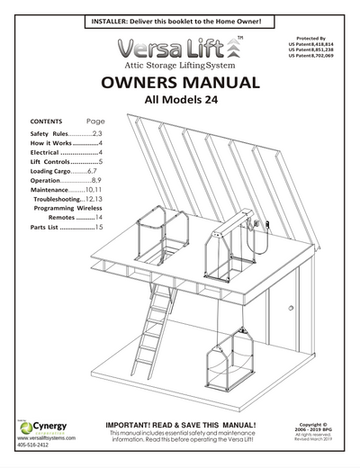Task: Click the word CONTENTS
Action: (46, 121)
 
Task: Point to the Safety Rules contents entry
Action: (67, 133)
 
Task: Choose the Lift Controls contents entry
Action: (67, 161)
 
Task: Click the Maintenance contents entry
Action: (68, 189)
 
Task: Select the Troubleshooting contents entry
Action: (71, 198)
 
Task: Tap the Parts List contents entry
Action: (62, 229)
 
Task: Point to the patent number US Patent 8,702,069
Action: (323, 57)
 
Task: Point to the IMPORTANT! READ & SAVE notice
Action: (182, 424)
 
